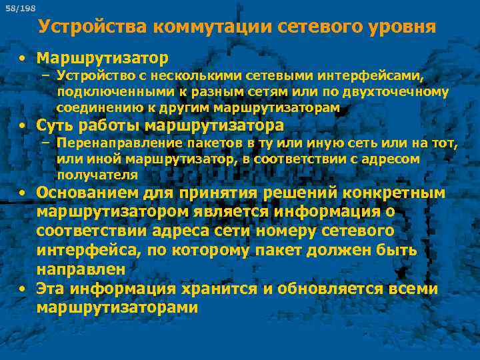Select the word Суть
pyautogui.click(x=54, y=125)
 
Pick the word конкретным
pyautogui.click(x=394, y=193)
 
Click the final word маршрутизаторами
pyautogui.click(x=118, y=307)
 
